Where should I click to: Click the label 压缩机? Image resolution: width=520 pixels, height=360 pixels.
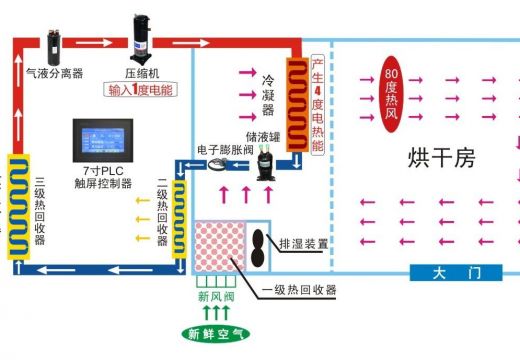tap(142, 73)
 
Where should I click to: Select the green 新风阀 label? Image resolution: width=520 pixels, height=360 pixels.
tap(216, 296)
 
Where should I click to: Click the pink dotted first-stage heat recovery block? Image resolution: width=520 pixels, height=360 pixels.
tap(218, 248)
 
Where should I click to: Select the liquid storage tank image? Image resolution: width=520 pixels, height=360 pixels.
tap(265, 160)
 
